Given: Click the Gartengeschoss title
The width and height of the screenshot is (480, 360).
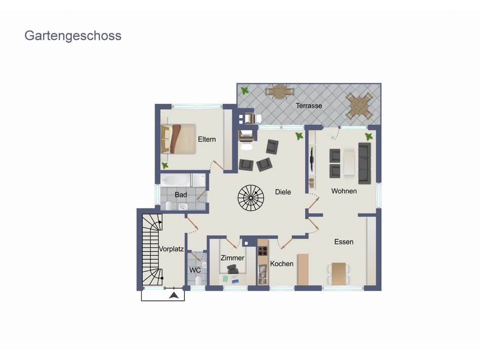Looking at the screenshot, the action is click(x=73, y=36).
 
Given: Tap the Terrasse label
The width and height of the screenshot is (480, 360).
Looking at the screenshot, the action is click(x=309, y=106).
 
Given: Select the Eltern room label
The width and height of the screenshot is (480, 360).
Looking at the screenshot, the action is click(x=207, y=140).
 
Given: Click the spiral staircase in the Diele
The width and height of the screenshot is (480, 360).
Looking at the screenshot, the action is click(x=251, y=198).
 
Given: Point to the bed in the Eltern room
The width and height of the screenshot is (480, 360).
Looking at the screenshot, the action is click(x=178, y=139).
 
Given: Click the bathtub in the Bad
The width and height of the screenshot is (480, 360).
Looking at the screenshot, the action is click(x=176, y=180).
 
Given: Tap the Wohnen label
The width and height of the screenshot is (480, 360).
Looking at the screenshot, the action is click(x=344, y=191).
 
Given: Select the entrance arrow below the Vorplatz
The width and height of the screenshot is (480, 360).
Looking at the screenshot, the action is click(x=174, y=295).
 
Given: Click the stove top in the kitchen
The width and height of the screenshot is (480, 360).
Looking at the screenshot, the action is click(x=263, y=251).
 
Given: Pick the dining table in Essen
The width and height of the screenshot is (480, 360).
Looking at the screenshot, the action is click(x=339, y=274).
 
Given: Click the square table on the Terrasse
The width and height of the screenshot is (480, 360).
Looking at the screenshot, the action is click(x=359, y=106).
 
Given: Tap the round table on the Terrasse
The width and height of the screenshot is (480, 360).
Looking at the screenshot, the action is click(x=279, y=92).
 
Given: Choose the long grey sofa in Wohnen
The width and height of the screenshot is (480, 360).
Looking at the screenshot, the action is click(x=365, y=163).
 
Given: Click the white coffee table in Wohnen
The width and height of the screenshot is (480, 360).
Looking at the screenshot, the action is click(x=349, y=163).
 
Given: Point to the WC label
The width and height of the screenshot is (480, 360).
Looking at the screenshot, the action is click(x=195, y=270).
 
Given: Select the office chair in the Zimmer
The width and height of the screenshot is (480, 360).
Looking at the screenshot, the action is click(x=232, y=269).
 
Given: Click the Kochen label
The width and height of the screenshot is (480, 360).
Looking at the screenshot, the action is click(x=281, y=264).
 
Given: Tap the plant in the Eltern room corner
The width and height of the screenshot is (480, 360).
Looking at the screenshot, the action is click(x=165, y=165).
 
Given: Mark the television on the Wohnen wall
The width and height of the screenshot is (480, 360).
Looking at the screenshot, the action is click(x=312, y=159).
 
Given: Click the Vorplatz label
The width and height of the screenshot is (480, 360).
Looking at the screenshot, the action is click(x=171, y=249).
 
